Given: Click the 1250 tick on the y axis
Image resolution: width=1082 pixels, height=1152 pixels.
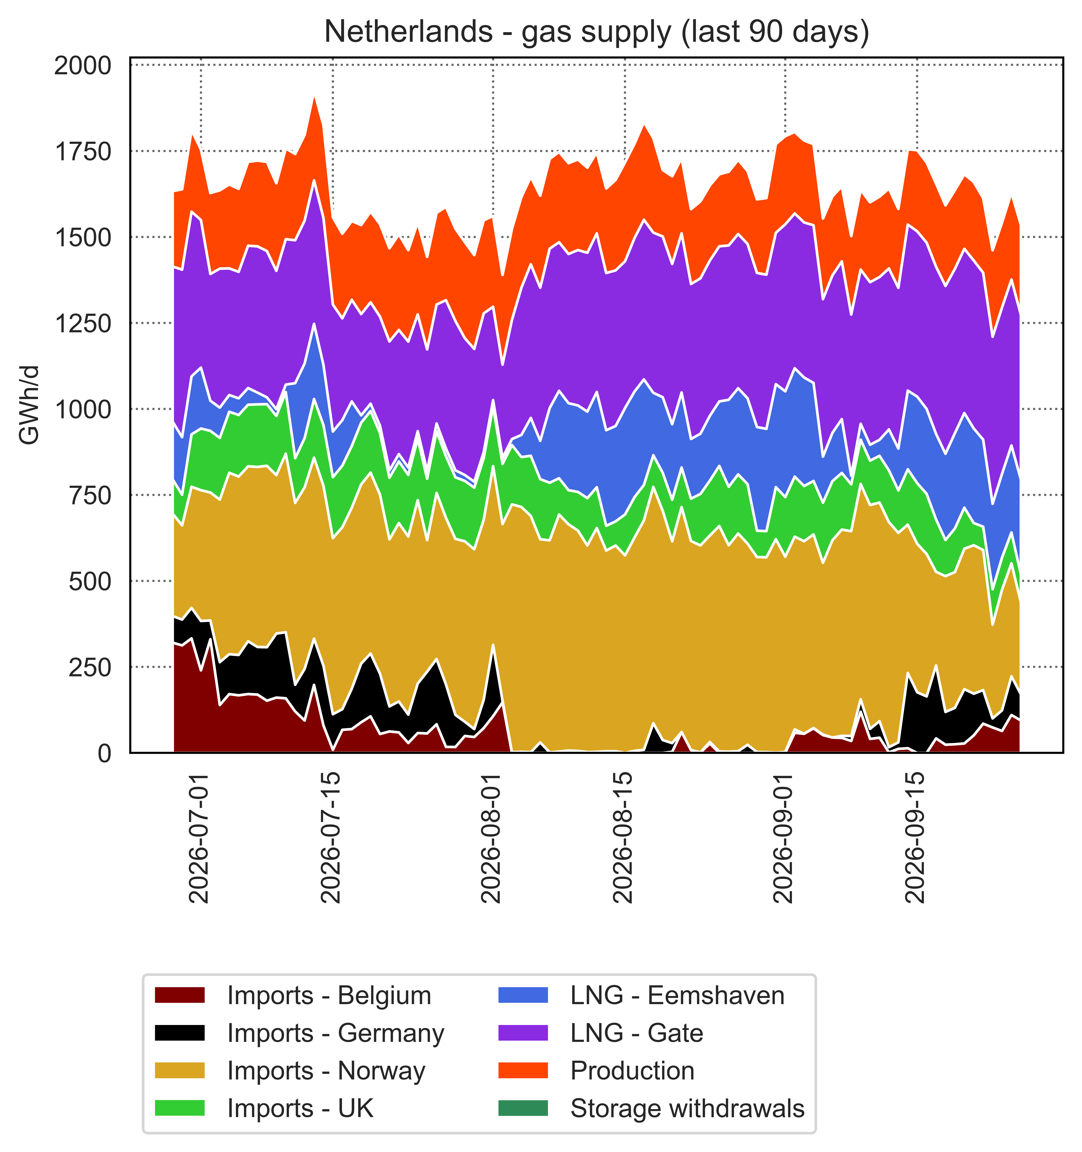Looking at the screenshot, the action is tap(82, 323).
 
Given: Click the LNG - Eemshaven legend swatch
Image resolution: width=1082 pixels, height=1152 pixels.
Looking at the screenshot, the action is tap(523, 995).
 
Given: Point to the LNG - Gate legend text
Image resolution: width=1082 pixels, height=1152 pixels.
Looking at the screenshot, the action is tap(637, 1033).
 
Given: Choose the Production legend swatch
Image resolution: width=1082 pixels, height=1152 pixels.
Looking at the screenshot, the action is tap(523, 1071).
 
